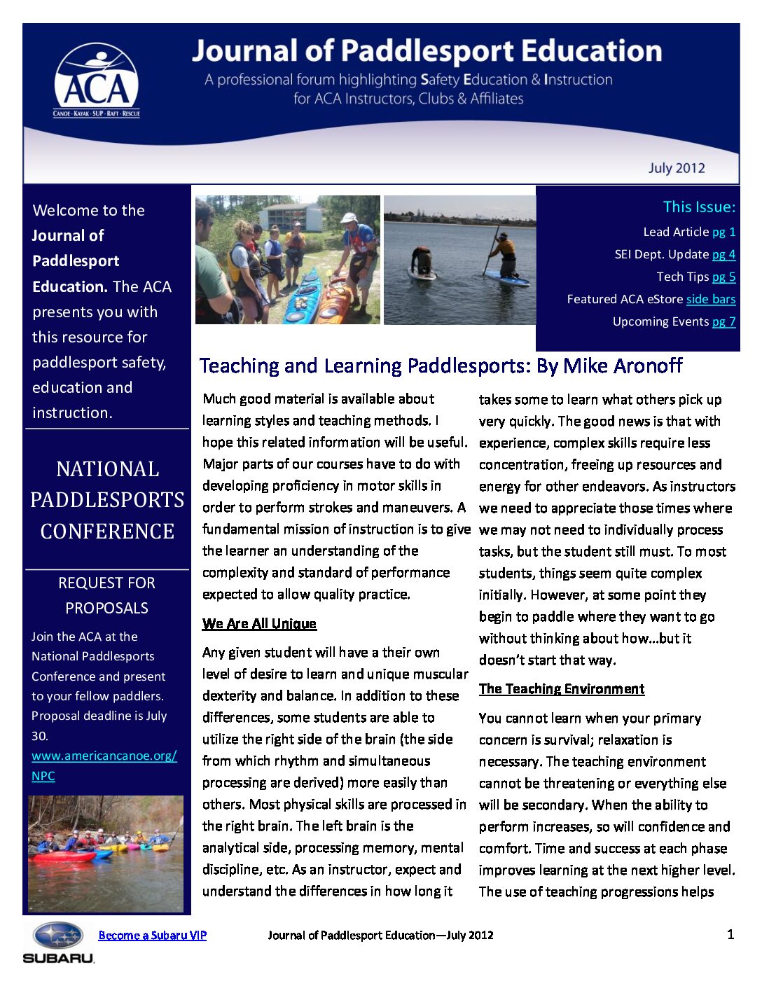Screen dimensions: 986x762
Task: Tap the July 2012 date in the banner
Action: point(676,168)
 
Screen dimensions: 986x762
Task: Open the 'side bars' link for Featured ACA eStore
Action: point(710,299)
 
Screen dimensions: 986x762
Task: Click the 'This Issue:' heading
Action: point(699,207)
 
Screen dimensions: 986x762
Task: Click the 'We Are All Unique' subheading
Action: point(259,623)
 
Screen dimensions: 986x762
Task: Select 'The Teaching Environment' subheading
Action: point(561,688)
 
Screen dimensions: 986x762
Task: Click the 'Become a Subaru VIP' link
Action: point(152,935)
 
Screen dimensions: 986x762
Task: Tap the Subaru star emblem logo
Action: point(59,935)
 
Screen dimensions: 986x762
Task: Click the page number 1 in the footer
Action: point(730,934)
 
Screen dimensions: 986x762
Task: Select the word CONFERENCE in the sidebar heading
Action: point(107,531)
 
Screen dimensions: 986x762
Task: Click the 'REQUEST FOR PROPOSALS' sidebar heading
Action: point(106,595)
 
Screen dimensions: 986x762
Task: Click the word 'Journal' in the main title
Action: point(244,51)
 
